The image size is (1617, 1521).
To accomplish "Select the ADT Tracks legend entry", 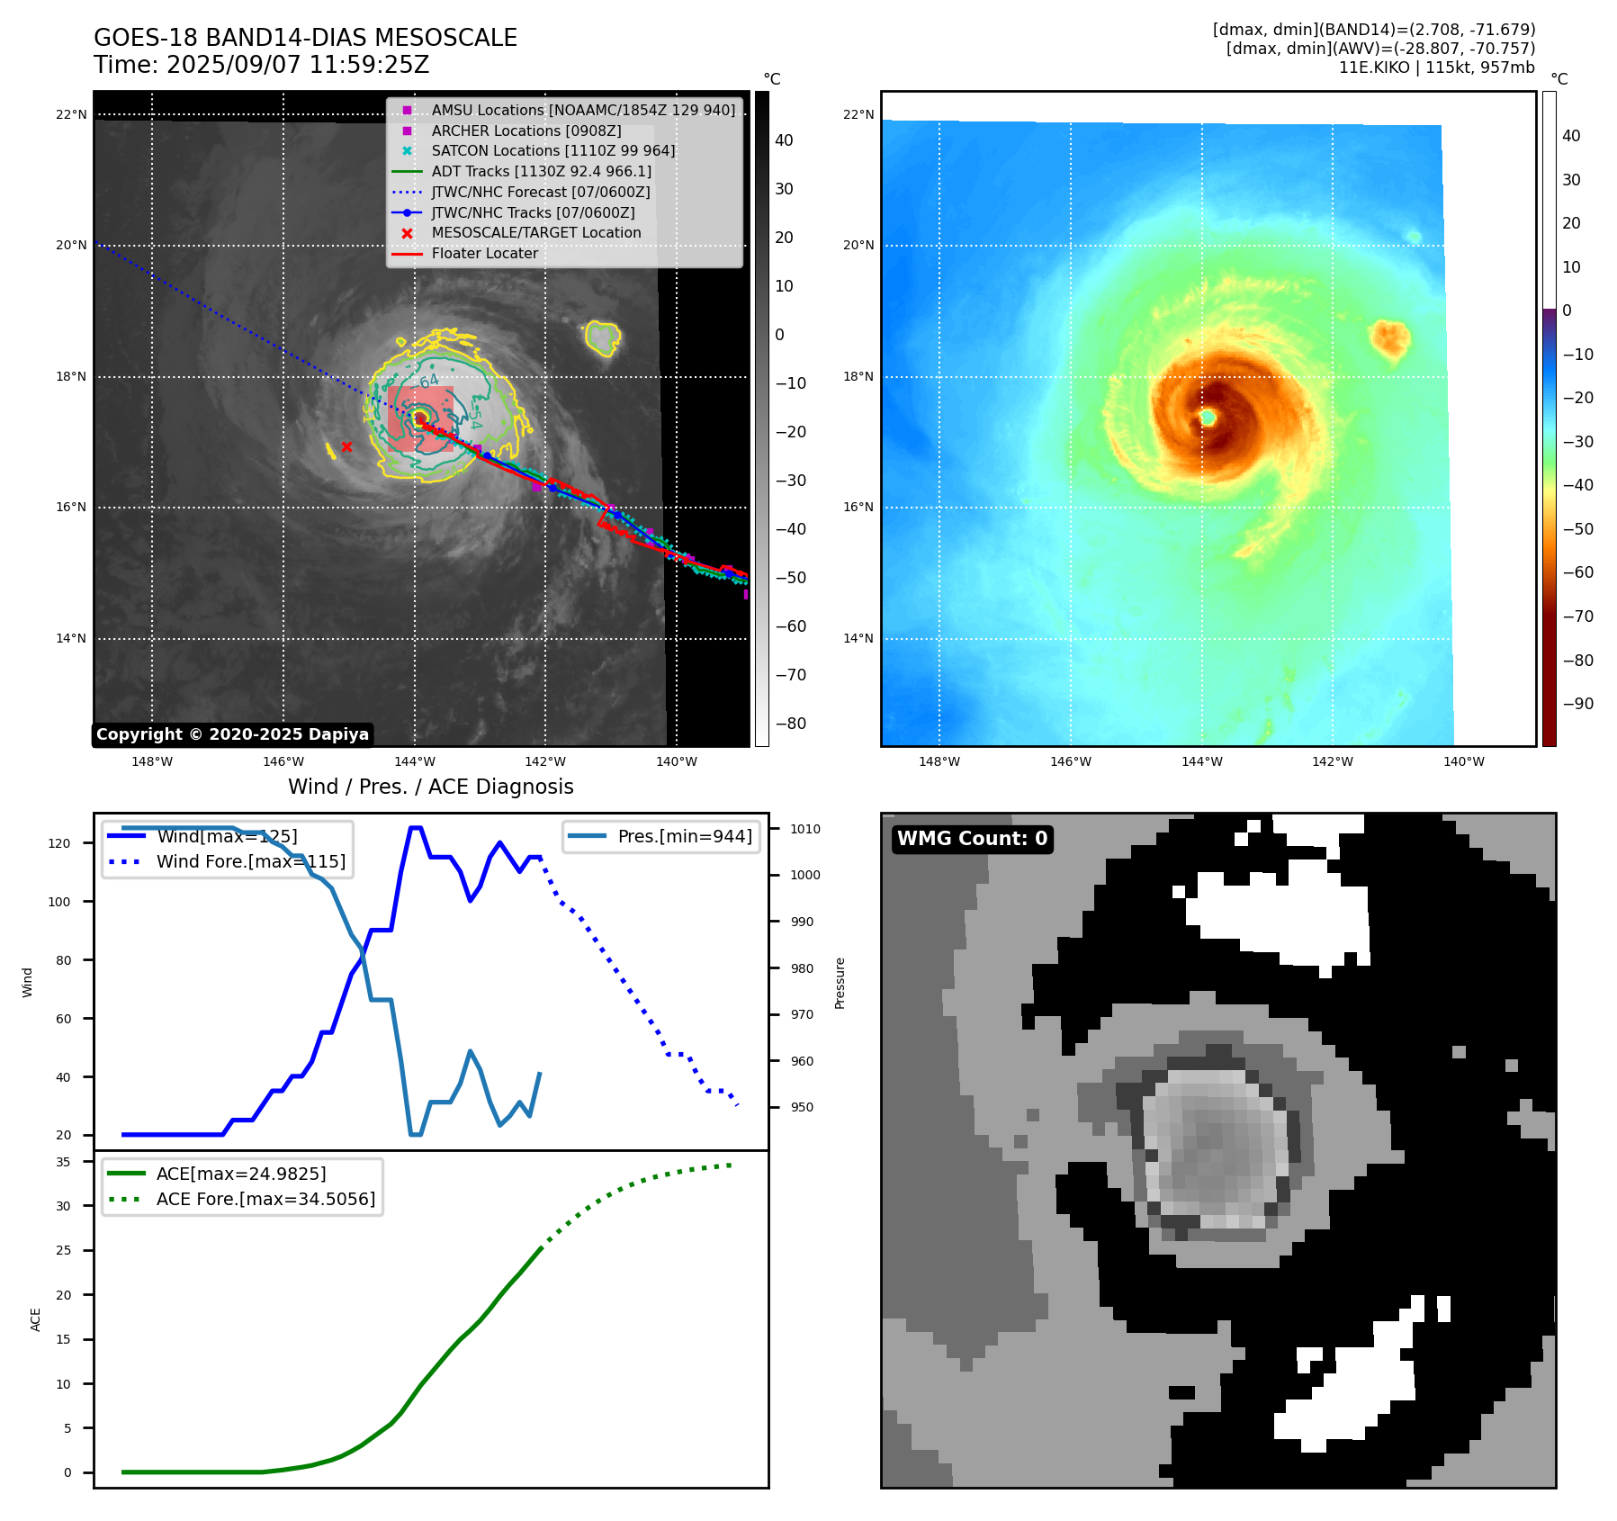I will coord(541,171).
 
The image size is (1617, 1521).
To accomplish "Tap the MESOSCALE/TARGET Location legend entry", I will coord(535,232).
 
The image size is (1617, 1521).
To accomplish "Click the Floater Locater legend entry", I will coord(484,253).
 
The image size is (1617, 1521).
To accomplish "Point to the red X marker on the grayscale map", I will coord(346,446).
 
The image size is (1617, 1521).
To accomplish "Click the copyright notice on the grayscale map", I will coord(232,734).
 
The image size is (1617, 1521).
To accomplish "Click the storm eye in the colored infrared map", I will coord(1208,418).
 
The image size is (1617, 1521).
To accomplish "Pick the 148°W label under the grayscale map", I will coord(152,761).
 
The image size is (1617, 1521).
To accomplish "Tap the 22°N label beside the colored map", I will coord(858,114).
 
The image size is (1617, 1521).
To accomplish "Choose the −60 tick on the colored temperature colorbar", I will coord(1577,572).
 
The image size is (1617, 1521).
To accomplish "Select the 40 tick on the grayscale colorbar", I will coord(784,140).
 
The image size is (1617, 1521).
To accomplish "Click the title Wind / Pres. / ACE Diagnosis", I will coord(430,787).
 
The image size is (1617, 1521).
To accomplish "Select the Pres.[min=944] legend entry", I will coord(684,836).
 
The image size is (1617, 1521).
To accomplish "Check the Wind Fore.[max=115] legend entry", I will coord(250,861).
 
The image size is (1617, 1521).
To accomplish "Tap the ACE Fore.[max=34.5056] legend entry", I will coord(265,1199).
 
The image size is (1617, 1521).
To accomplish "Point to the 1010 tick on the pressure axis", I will coord(805,829).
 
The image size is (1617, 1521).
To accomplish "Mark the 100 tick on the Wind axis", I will coord(59,902).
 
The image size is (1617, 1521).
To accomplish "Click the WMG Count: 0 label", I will coord(972,839).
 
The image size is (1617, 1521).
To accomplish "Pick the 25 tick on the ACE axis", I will coord(63,1250).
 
